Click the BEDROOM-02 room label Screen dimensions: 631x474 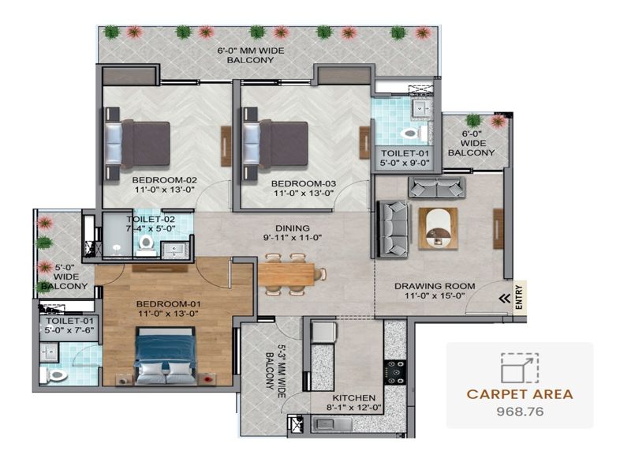[164, 180]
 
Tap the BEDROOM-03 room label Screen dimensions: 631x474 [304, 183]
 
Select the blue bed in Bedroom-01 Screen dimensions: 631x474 [166, 355]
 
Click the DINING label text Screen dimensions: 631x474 [293, 228]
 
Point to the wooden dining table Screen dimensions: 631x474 [286, 274]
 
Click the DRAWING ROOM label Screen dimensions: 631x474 [435, 286]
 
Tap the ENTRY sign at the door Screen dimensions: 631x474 [519, 298]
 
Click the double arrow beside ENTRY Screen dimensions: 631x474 [505, 299]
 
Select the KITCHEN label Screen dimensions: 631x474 [353, 398]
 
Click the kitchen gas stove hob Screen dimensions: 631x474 [394, 372]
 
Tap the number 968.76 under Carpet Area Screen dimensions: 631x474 [520, 412]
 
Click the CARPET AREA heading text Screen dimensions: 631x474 [520, 394]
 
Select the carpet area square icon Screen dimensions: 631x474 [520, 367]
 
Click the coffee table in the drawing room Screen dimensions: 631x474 [438, 228]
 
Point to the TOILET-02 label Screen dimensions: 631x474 [151, 220]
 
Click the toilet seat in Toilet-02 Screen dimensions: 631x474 [146, 243]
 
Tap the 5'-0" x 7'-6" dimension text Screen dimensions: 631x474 [69, 329]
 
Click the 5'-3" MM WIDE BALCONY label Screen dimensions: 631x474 [274, 371]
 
